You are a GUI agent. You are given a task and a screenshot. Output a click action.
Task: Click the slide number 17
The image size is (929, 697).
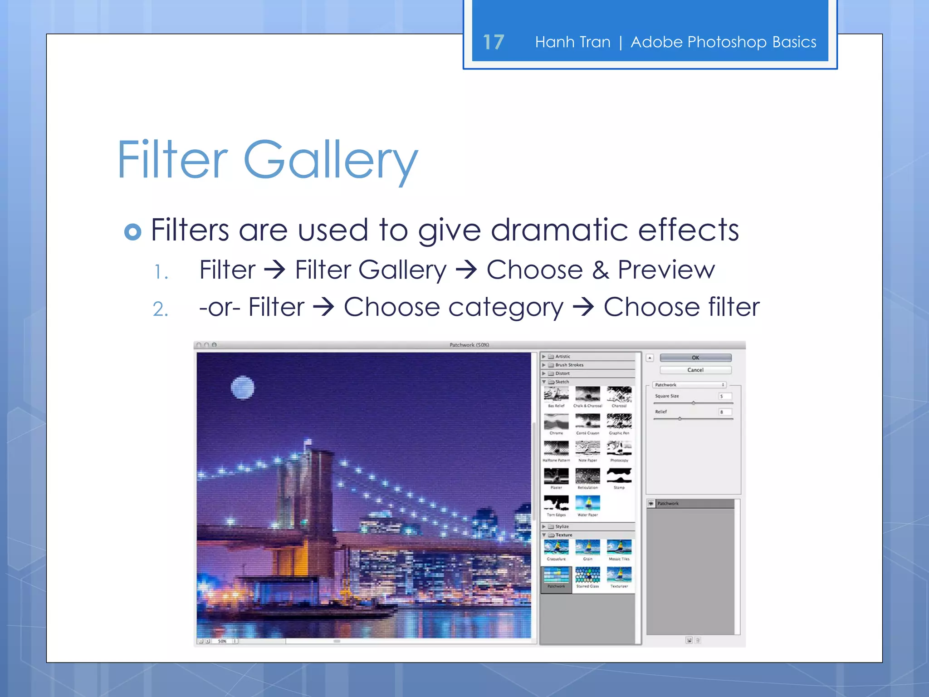pyautogui.click(x=494, y=42)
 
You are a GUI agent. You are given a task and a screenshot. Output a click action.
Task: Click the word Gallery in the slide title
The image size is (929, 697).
pyautogui.click(x=330, y=160)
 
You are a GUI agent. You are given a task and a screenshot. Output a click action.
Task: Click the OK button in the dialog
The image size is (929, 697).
pyautogui.click(x=695, y=358)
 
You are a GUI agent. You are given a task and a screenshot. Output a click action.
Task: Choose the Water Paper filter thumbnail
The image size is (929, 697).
pyautogui.click(x=587, y=503)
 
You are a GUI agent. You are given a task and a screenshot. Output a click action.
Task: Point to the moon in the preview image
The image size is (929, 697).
pyautogui.click(x=242, y=388)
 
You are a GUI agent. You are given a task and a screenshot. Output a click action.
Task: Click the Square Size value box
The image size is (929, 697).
pyautogui.click(x=724, y=396)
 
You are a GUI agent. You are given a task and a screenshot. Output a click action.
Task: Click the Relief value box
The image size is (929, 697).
pyautogui.click(x=724, y=412)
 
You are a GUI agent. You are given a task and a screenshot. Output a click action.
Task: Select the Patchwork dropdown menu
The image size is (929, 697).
pyautogui.click(x=689, y=385)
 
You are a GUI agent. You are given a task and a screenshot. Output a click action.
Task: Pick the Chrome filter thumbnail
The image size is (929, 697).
pyautogui.click(x=556, y=422)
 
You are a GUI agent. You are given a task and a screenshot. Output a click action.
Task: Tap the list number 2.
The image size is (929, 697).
pyautogui.click(x=160, y=309)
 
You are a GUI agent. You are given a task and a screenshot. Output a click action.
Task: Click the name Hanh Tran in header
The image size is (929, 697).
pyautogui.click(x=572, y=42)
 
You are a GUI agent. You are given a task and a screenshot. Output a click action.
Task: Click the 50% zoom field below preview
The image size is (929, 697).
pyautogui.click(x=222, y=641)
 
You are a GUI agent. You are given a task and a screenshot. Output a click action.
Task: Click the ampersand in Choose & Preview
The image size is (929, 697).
pyautogui.click(x=600, y=270)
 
